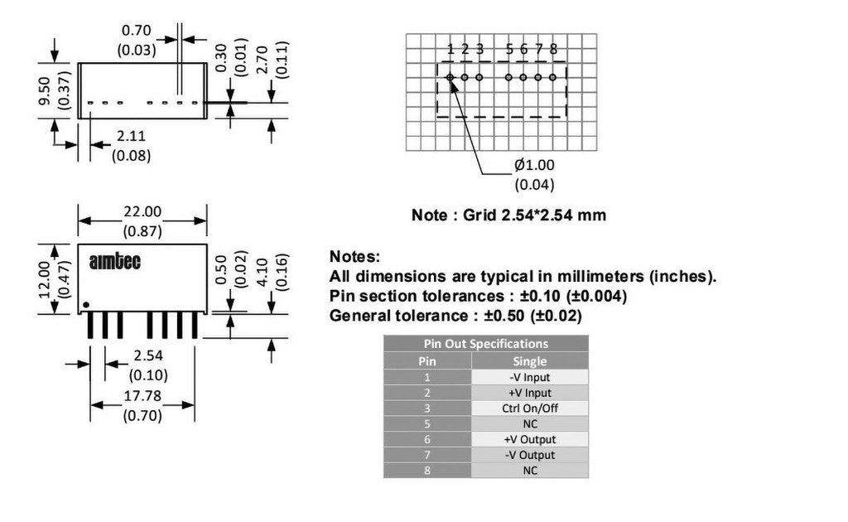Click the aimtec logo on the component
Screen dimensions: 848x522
[114, 262]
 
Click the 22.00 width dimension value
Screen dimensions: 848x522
[142, 211]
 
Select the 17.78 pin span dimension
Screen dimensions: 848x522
[142, 396]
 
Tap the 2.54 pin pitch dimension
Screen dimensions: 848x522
[148, 355]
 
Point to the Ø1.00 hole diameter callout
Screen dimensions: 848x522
[534, 165]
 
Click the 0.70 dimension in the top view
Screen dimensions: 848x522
[137, 31]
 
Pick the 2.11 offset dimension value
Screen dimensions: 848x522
[131, 136]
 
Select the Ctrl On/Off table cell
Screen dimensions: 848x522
[530, 408]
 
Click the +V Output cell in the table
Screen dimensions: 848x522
[530, 439]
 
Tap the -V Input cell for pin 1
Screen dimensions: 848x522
[530, 378]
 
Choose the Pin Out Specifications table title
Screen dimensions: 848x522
[485, 344]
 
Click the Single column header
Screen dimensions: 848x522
[530, 361]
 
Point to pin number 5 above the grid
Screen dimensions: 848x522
[509, 49]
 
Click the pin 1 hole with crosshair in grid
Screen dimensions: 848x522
[450, 77]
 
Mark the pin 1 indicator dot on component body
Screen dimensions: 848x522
[85, 305]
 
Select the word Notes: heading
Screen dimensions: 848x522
[354, 256]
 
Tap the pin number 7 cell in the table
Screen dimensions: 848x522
[427, 455]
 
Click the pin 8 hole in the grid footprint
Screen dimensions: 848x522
[552, 77]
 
